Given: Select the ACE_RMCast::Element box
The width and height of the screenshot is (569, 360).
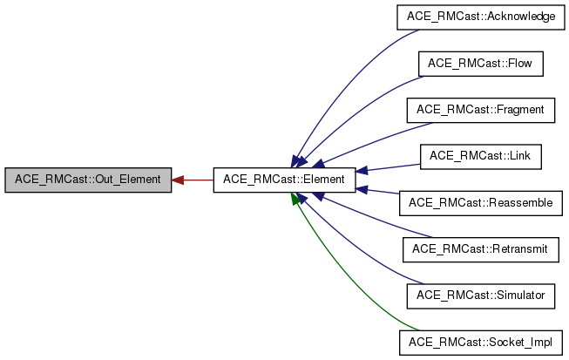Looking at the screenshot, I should click(x=284, y=180).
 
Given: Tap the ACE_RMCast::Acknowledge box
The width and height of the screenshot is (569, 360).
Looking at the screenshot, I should click(x=480, y=17).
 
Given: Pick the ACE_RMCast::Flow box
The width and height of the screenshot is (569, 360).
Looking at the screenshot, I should click(x=480, y=64).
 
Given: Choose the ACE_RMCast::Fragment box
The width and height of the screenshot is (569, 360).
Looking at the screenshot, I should click(x=480, y=110).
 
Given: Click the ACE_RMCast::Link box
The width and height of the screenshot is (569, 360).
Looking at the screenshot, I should click(x=480, y=156).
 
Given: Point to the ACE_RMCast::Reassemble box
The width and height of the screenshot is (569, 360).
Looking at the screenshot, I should click(x=480, y=203).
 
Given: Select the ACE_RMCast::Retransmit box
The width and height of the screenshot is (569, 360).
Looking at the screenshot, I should click(x=480, y=249).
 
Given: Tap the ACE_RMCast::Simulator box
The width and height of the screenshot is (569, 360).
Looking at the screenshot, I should click(x=480, y=295).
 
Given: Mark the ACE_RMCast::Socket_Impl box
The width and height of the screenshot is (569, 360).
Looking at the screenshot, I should click(x=480, y=342).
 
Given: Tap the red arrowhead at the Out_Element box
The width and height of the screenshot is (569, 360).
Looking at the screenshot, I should click(x=178, y=180).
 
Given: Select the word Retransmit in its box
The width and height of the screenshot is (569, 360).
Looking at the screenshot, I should click(x=518, y=249).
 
